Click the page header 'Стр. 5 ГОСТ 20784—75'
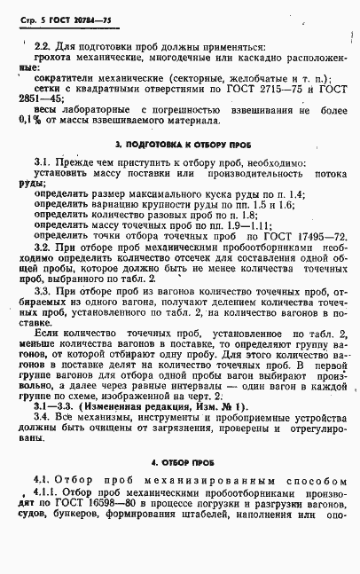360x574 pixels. pyautogui.click(x=65, y=16)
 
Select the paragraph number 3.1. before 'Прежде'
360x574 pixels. pyautogui.click(x=43, y=162)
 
